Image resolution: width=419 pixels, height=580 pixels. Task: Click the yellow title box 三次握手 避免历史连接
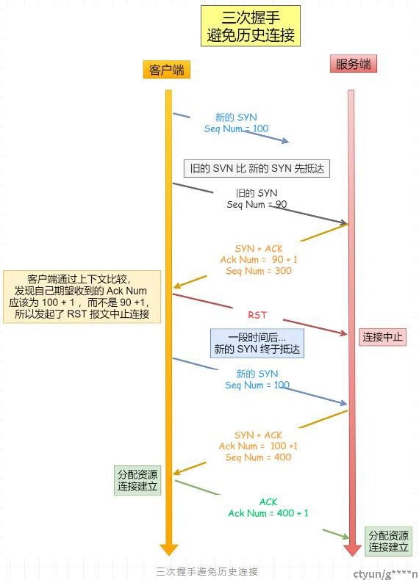[251, 26]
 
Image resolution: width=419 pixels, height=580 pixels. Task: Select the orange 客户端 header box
[167, 70]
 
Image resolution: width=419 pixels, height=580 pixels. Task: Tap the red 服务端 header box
[354, 64]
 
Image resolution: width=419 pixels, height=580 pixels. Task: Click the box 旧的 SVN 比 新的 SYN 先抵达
[257, 169]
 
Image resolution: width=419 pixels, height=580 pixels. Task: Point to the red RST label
[257, 315]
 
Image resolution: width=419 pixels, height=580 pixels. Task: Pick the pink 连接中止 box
[382, 337]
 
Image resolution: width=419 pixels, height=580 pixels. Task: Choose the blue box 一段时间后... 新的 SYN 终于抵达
[257, 344]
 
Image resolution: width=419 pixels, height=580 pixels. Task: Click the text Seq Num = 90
[257, 205]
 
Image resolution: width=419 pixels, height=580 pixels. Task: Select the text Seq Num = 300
[259, 271]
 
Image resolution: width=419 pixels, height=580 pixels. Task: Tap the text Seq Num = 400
[258, 457]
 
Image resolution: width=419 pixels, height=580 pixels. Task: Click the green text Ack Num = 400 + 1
[268, 513]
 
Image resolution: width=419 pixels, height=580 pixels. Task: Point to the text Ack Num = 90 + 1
[259, 259]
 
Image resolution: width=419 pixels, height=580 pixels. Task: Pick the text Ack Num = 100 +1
[258, 446]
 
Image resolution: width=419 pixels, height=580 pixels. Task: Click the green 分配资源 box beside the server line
[388, 541]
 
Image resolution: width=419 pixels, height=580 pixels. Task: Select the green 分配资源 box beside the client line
[137, 480]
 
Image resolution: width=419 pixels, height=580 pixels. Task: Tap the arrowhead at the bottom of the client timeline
[168, 550]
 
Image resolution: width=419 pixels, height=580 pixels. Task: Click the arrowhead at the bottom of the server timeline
[352, 551]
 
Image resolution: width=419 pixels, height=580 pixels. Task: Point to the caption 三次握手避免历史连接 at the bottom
[207, 571]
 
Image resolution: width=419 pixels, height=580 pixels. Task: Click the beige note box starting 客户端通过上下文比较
[82, 297]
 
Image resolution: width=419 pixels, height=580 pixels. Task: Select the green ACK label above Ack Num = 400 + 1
[268, 502]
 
